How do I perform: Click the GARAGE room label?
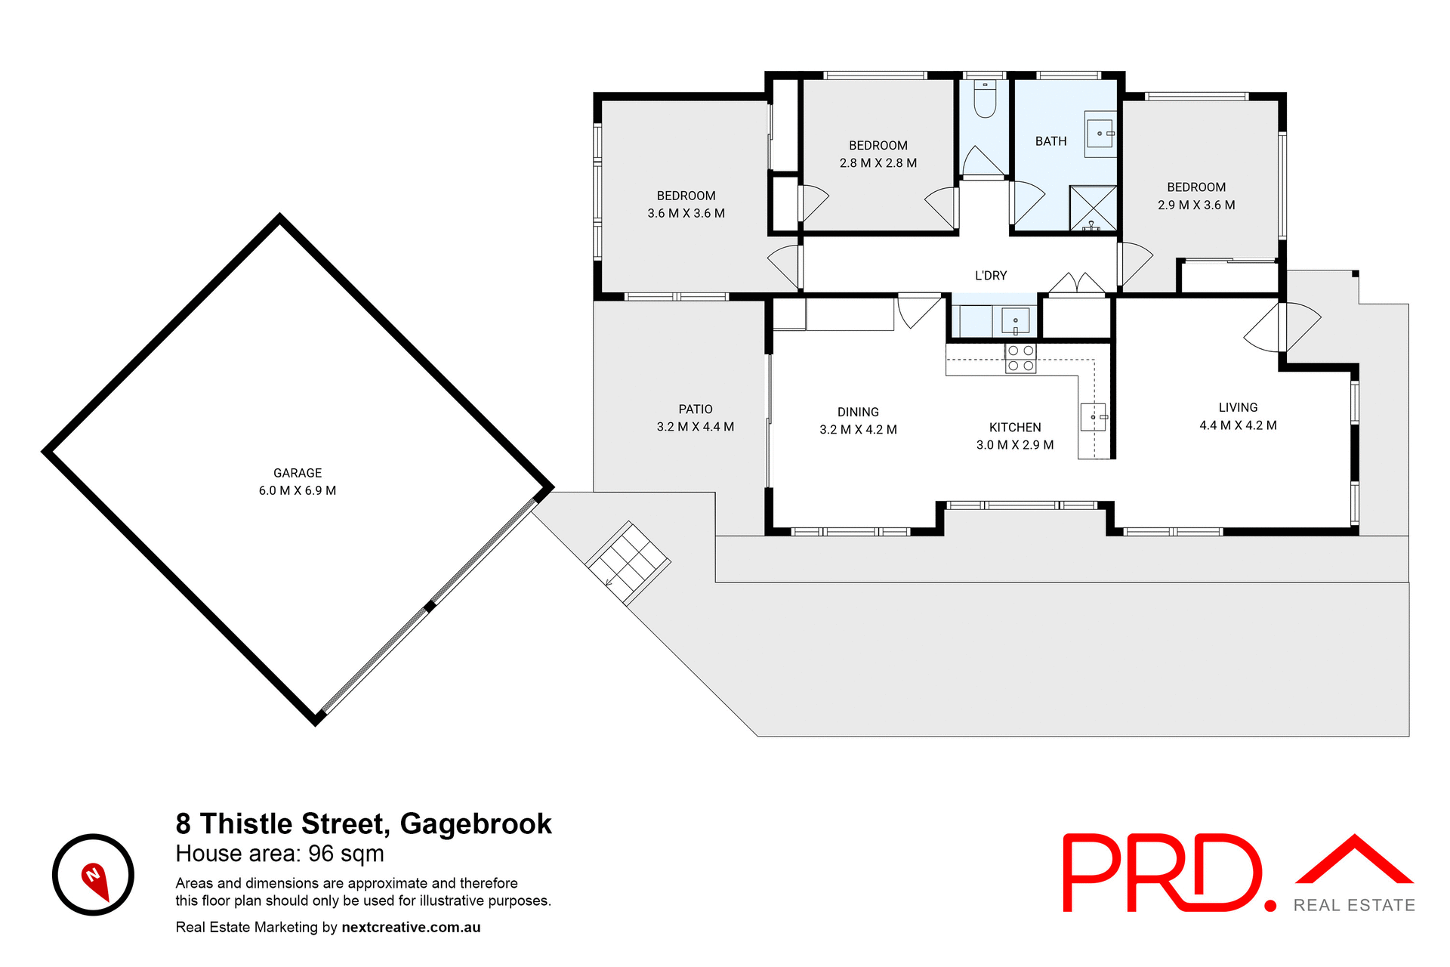coord(297,473)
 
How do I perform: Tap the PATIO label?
coord(695,409)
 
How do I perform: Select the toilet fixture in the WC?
coord(985,100)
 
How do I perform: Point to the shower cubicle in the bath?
coord(1093,208)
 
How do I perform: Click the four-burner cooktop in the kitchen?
coord(1020,358)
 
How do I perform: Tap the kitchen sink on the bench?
coord(1093,417)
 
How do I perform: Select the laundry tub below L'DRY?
coord(1014,320)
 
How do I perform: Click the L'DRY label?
coord(990,276)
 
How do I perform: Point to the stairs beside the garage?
coord(628,562)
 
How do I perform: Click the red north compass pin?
coord(95,879)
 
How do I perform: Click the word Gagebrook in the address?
coord(476,823)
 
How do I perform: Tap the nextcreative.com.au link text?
coord(411,927)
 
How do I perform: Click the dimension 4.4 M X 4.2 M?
coord(1238,425)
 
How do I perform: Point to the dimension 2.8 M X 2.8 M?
coord(878,163)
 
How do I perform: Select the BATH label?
coord(1050,141)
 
